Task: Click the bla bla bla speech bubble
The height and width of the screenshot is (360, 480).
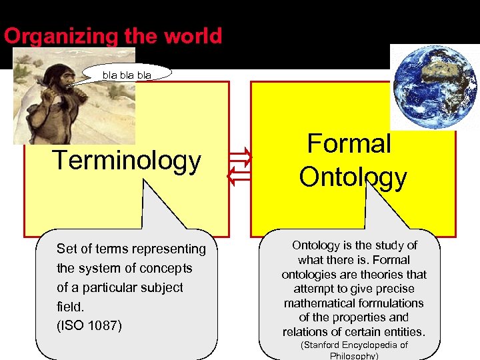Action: (x=127, y=75)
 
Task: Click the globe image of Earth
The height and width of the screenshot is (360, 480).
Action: (x=433, y=87)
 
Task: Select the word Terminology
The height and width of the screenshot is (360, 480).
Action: (x=127, y=161)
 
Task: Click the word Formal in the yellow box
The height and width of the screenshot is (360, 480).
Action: (x=349, y=144)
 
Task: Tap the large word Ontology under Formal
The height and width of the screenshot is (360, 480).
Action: (x=353, y=177)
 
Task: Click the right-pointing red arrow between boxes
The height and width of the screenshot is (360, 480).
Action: (x=241, y=158)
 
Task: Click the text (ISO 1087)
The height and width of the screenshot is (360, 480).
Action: (x=89, y=326)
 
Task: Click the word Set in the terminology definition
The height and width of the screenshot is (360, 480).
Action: (x=67, y=249)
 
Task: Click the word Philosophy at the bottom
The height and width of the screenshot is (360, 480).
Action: (x=354, y=356)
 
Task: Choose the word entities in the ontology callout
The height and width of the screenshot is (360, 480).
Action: (x=403, y=332)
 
